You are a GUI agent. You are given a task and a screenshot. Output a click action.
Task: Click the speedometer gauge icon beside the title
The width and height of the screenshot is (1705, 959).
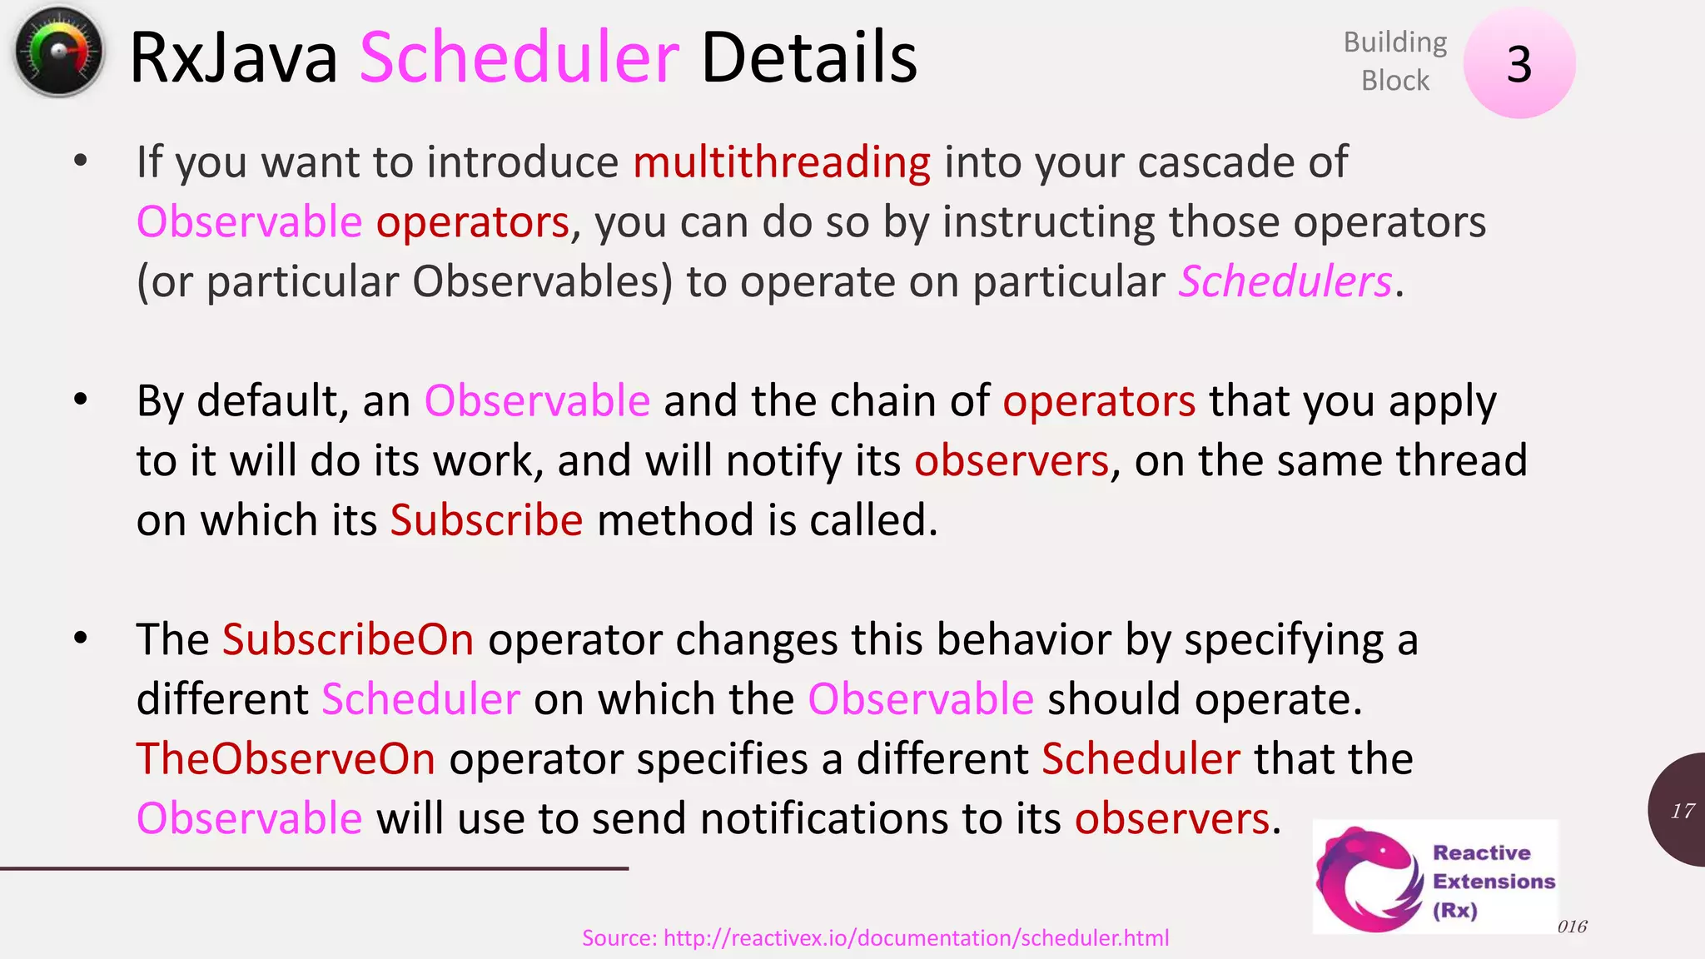[x=58, y=52]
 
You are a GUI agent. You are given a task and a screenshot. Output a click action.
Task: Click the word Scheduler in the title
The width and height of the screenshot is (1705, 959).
[x=519, y=58]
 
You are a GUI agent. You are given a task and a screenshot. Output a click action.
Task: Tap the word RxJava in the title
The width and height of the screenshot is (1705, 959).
[x=234, y=58]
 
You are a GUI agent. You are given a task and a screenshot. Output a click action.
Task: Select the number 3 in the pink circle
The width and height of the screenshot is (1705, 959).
[x=1519, y=64]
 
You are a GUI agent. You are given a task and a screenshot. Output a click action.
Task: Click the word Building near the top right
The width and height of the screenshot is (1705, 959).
[x=1394, y=42]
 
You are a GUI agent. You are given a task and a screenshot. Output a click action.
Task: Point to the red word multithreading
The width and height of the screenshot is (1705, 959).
[x=782, y=161]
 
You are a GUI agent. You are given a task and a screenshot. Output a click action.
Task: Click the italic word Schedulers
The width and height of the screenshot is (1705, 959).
[x=1285, y=281]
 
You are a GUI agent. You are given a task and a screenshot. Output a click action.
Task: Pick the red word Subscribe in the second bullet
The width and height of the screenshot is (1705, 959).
[x=486, y=520]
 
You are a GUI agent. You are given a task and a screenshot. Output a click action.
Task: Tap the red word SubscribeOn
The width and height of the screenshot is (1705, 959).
[x=348, y=639]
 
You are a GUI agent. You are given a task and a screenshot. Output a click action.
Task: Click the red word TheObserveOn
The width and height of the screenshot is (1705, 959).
[x=286, y=758]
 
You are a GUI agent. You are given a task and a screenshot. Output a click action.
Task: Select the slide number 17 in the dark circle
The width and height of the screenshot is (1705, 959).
[x=1682, y=811]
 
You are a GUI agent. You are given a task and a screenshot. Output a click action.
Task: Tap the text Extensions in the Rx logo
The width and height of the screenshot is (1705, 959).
[x=1494, y=881]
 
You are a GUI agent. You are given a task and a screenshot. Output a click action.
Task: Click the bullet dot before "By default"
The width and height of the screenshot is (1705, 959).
[x=80, y=400]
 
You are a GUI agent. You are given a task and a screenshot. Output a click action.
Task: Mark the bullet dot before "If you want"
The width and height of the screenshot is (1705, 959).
[x=80, y=161]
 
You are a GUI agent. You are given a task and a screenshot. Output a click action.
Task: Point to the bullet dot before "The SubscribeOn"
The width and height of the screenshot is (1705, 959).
[x=80, y=639]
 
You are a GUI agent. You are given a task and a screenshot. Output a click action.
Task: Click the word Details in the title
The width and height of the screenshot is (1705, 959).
[x=808, y=58]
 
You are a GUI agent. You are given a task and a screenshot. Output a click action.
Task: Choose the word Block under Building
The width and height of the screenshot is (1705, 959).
[x=1394, y=81]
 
